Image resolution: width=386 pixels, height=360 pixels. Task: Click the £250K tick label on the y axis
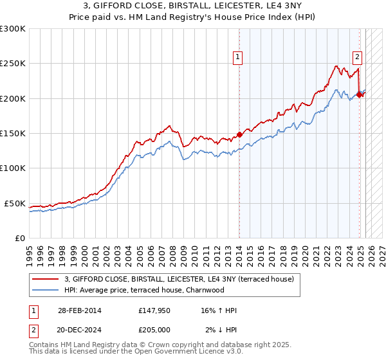coord(13,64)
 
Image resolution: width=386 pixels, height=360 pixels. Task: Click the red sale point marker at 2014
coord(239,134)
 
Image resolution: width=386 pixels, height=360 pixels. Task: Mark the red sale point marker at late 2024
coord(359,95)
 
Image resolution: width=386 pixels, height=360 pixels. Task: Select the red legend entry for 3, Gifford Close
coord(179,279)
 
